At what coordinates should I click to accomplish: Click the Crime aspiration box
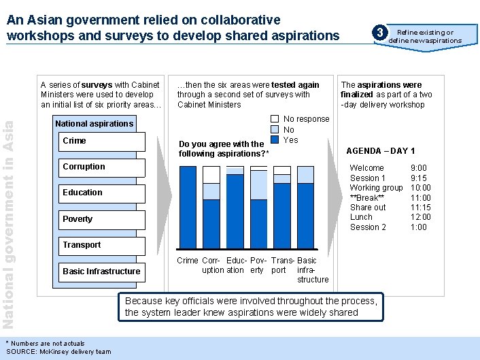coord(103,142)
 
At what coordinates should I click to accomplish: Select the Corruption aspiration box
coord(103,167)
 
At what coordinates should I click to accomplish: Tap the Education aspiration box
coord(103,193)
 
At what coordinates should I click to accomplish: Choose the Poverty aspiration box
coord(103,219)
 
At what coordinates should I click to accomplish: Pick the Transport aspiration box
coord(103,245)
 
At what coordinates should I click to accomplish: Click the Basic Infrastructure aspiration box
coord(103,272)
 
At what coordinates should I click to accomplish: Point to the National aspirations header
coord(94,124)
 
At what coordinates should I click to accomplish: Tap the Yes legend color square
coord(275,140)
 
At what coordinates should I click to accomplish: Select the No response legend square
coord(275,119)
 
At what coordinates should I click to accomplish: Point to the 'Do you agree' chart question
coord(224,149)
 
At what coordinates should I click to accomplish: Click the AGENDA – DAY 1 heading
coord(380,151)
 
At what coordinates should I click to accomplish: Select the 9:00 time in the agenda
coord(419,168)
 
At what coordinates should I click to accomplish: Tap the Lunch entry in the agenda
coord(361,217)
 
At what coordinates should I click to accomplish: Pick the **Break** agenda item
coord(366,197)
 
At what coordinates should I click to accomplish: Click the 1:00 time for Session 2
coord(419,227)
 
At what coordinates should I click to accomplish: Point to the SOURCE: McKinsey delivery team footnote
coord(58,351)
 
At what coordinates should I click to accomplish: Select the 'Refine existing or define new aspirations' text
coord(425,36)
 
